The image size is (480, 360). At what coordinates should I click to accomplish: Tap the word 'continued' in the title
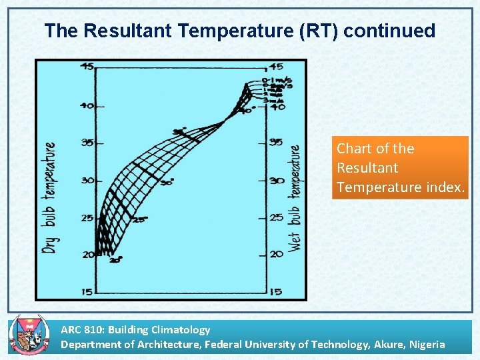(390, 31)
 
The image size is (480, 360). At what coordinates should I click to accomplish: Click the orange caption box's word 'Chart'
(354, 149)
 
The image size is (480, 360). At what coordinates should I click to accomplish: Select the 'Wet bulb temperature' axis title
(294, 197)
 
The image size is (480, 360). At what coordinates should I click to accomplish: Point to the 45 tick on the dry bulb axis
(86, 66)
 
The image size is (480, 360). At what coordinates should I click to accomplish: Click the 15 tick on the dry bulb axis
(86, 291)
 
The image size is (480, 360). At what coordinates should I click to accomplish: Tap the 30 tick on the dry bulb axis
(86, 181)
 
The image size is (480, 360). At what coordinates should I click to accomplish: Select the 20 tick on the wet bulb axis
(275, 255)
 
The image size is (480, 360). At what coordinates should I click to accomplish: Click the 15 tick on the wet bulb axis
(275, 291)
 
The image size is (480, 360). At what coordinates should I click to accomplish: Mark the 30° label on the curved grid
(167, 181)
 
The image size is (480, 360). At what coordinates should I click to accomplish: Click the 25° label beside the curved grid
(139, 220)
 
